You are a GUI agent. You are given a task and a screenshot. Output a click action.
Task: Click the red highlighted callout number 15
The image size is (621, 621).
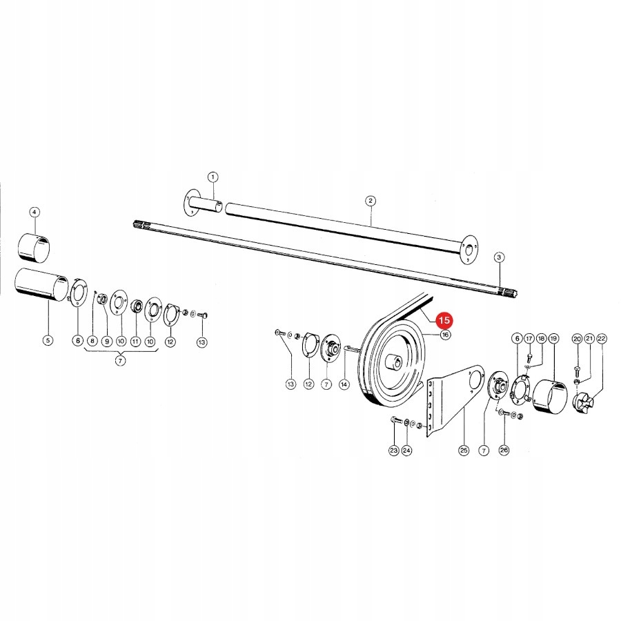(x=445, y=320)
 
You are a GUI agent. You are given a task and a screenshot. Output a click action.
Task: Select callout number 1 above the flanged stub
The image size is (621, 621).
(x=213, y=177)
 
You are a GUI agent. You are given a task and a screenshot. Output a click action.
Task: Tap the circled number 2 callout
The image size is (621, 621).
(x=371, y=201)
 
